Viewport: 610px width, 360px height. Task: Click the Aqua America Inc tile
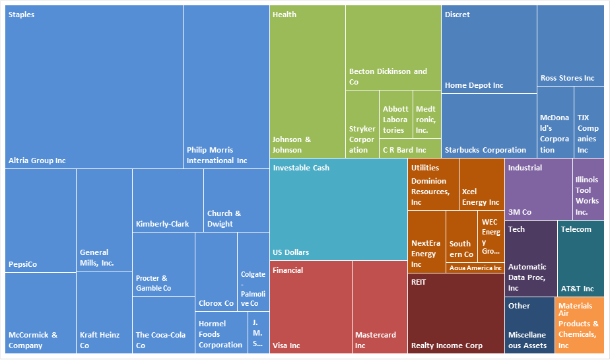click(x=475, y=268)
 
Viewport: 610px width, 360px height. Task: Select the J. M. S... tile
click(x=259, y=333)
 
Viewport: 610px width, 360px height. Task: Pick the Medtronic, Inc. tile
click(x=426, y=114)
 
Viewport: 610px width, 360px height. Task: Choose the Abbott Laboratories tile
click(x=396, y=114)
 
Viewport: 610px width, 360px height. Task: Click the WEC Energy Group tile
click(x=491, y=236)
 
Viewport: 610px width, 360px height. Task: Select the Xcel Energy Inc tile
click(x=481, y=184)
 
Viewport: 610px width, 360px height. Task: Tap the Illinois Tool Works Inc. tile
click(x=587, y=189)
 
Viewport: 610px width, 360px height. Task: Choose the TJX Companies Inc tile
click(x=588, y=122)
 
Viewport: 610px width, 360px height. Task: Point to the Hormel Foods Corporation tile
click(x=221, y=333)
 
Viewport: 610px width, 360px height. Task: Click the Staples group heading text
click(x=21, y=15)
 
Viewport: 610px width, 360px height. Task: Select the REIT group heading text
click(x=419, y=281)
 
